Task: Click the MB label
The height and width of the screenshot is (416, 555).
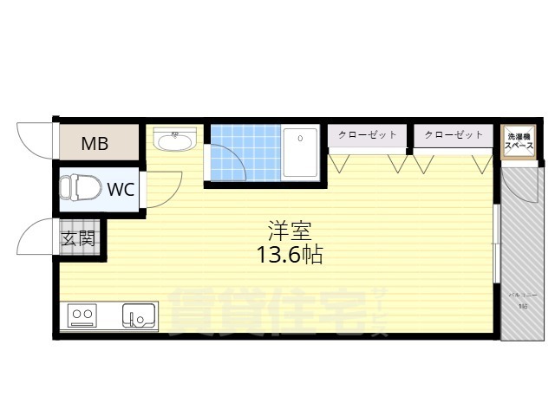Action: (95, 144)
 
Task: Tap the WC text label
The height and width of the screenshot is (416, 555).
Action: (121, 189)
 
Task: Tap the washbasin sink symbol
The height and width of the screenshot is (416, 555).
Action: (176, 140)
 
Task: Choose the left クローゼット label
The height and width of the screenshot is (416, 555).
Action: (368, 135)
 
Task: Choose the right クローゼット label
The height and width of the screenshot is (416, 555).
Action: (454, 135)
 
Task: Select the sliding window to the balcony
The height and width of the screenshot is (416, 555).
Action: (495, 243)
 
